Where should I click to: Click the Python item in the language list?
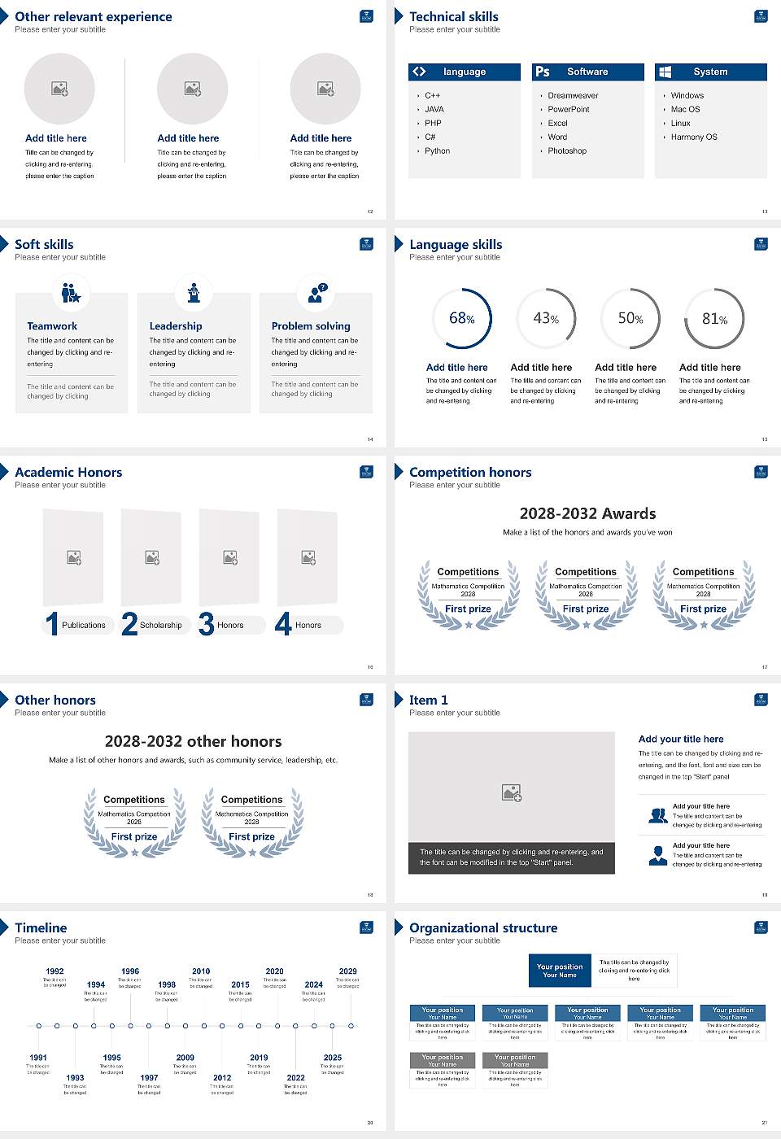(x=437, y=151)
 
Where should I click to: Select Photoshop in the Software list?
(x=567, y=151)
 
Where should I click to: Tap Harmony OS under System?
(x=694, y=137)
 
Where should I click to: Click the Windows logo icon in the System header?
(x=665, y=72)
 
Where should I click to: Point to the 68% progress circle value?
(x=461, y=318)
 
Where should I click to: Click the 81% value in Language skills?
(x=714, y=319)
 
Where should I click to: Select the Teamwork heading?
(x=52, y=325)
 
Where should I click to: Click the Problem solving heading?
(x=311, y=325)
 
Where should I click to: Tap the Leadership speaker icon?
(x=194, y=293)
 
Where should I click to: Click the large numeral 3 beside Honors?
(x=207, y=624)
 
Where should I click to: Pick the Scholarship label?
(x=160, y=625)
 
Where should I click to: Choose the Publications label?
(x=84, y=625)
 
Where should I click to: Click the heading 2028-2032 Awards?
(x=587, y=513)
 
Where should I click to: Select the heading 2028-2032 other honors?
(x=193, y=741)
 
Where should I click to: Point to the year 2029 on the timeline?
(x=347, y=971)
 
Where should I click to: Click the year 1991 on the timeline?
(x=38, y=1058)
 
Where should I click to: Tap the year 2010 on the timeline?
(x=201, y=971)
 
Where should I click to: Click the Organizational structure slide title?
(x=483, y=927)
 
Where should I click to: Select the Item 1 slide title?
(x=428, y=700)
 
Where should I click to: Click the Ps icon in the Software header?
(x=543, y=72)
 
